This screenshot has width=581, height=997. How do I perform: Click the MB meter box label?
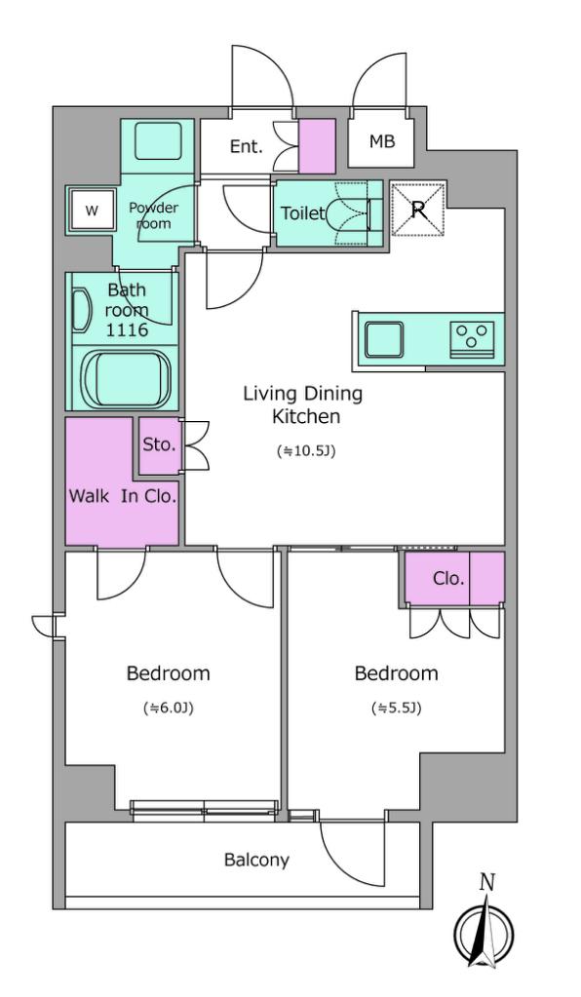coord(382,141)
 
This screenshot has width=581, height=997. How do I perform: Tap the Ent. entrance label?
coord(246,147)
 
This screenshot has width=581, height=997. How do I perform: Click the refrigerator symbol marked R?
coord(418,209)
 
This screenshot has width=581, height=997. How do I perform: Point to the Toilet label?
coord(302,213)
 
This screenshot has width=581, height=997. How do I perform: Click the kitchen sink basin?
coord(384,340)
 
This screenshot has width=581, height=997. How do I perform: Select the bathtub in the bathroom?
coord(127,378)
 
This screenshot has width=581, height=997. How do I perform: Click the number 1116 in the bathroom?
coord(127,330)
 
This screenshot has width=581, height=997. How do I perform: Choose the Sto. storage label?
coord(158,445)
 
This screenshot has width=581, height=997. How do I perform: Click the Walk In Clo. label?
coord(122,497)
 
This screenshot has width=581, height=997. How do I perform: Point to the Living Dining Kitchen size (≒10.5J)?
coord(306,451)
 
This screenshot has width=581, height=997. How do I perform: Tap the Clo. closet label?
coord(448,579)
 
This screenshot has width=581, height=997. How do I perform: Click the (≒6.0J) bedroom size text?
coord(168,708)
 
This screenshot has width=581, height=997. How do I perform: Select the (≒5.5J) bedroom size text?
coord(396,708)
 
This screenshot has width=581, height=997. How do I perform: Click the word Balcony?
coord(256,861)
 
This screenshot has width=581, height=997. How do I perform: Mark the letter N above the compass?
coord(487,883)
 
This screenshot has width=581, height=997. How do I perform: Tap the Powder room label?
coord(153,215)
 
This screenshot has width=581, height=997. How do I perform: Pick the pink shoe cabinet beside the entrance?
coord(317,145)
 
